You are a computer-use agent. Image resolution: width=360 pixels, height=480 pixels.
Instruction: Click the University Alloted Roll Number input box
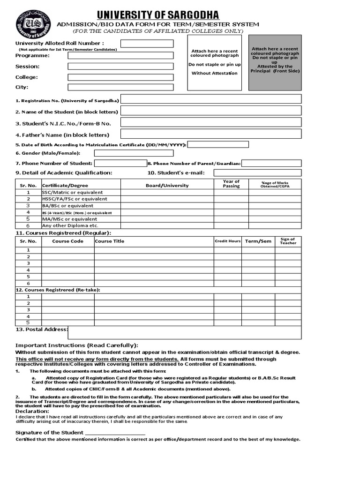pos(147,44)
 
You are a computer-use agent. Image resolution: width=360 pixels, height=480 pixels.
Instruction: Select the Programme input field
pos(120,55)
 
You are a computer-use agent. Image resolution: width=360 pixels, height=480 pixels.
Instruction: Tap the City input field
pos(120,87)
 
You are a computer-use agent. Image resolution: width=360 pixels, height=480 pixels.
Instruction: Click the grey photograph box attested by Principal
pos(275,62)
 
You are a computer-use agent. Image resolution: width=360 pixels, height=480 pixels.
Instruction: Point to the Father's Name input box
pos(211,134)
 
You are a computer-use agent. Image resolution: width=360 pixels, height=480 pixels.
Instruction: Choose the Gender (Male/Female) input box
pos(134,153)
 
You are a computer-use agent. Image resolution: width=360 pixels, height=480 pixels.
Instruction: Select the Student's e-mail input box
pos(257,173)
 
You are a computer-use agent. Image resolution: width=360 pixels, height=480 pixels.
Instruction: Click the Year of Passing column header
pos(231,184)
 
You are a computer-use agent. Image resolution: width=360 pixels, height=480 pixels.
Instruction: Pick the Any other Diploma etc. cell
pos(70,225)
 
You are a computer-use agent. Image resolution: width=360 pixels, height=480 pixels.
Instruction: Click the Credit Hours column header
pos(228,241)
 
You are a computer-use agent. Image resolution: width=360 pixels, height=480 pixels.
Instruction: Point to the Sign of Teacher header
pos(288,241)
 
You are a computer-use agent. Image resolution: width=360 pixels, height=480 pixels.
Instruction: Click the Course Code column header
pos(67,241)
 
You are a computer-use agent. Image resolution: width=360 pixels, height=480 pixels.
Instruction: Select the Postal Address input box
pos(185,332)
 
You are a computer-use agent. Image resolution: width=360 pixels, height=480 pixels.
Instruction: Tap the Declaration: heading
pos(32,411)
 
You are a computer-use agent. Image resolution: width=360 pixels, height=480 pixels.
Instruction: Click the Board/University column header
pos(167,185)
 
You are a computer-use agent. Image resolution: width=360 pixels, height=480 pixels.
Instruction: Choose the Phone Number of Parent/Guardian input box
pos(271,163)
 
